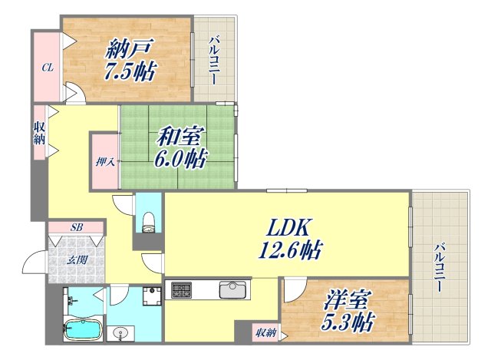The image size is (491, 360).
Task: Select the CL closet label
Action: click(x=47, y=68)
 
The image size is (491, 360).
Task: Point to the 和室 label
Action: click(x=179, y=138)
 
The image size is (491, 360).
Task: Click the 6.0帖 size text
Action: click(x=182, y=160)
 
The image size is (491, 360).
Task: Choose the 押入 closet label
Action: click(x=105, y=162)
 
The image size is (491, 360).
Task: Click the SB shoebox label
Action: click(x=76, y=227)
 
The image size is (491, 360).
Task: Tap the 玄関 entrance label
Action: click(x=75, y=259)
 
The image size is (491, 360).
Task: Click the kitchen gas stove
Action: click(x=183, y=290)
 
